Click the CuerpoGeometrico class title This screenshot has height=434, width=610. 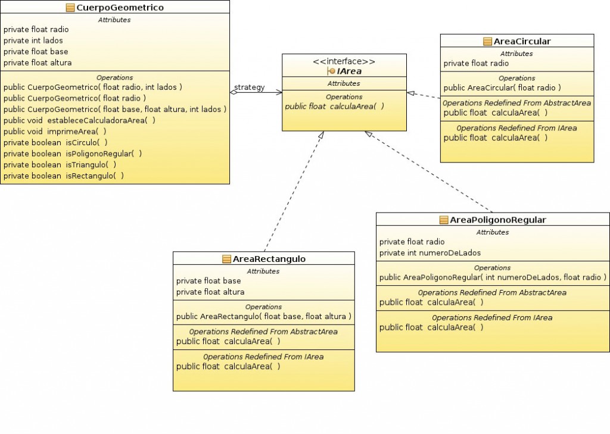[120, 8]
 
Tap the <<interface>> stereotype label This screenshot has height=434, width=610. [344, 61]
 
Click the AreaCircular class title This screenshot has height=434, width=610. [522, 41]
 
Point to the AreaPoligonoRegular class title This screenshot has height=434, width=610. [498, 220]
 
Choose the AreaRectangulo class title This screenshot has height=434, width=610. [269, 259]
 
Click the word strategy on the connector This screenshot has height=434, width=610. [249, 88]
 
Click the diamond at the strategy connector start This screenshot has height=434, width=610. [234, 92]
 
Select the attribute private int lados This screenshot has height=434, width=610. [33, 40]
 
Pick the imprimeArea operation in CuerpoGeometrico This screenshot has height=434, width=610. [55, 131]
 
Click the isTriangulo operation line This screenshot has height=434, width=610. [60, 164]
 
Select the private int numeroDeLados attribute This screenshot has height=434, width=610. [421, 252]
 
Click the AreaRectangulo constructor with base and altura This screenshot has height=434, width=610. [263, 316]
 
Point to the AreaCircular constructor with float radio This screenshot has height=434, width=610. [502, 88]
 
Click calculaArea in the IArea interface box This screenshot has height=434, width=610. [334, 106]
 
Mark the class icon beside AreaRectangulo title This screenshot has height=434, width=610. [226, 259]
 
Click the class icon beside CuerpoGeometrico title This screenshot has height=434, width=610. [70, 8]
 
